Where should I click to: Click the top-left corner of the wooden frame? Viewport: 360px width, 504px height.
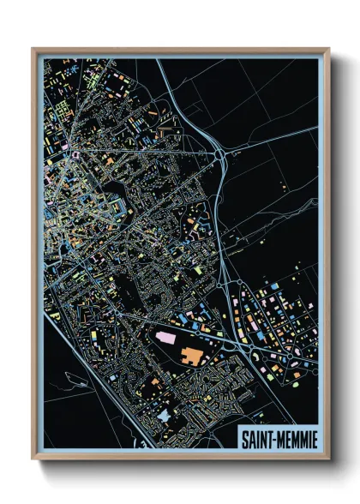[33, 49]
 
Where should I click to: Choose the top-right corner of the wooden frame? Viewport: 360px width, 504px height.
[329, 49]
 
